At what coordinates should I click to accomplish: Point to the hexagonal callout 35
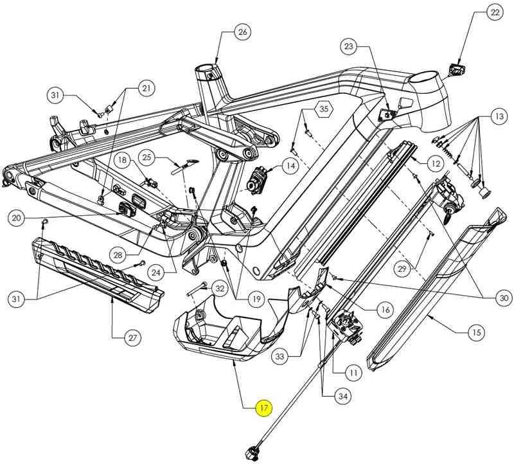pyautogui.click(x=324, y=109)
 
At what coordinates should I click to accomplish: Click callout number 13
pyautogui.click(x=499, y=116)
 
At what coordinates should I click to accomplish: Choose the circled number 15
pyautogui.click(x=476, y=332)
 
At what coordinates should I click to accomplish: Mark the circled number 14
pyautogui.click(x=290, y=166)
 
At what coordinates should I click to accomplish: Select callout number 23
pyautogui.click(x=349, y=46)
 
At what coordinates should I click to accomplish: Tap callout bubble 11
pyautogui.click(x=353, y=371)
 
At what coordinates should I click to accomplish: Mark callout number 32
pyautogui.click(x=220, y=289)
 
